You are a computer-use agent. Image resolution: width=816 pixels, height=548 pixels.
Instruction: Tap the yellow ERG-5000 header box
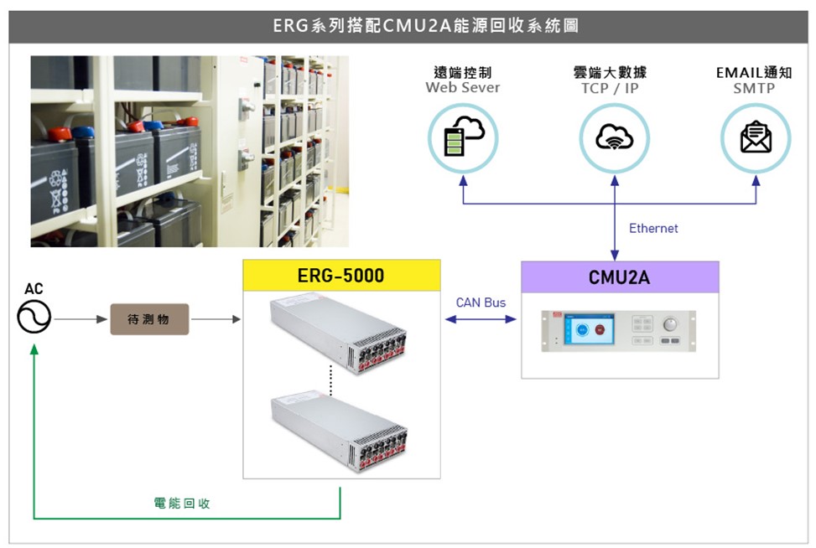click(341, 276)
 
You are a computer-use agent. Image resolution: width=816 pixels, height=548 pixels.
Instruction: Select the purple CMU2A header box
click(620, 277)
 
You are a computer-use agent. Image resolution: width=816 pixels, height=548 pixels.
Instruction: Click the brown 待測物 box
click(149, 319)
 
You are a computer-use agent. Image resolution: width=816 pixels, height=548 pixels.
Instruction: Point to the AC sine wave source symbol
click(34, 318)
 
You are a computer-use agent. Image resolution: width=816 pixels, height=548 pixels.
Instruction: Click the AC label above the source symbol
click(34, 289)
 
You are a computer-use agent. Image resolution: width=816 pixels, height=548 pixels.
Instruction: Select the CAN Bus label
click(481, 302)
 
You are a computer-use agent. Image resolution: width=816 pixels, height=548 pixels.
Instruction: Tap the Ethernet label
click(653, 228)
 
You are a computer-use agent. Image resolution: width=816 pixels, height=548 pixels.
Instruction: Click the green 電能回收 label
click(182, 503)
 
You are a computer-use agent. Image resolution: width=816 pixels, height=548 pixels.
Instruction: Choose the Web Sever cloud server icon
click(463, 137)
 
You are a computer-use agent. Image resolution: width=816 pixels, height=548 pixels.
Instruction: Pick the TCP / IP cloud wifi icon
click(614, 137)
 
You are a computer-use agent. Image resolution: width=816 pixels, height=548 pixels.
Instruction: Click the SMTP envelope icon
click(756, 137)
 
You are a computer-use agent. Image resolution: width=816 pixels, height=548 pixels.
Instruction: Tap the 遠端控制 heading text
click(462, 73)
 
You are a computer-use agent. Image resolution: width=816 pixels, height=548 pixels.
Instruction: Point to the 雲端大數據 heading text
click(616, 73)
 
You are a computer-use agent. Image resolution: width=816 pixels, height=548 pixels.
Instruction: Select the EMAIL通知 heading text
click(754, 73)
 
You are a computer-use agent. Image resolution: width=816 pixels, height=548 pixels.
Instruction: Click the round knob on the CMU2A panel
click(669, 323)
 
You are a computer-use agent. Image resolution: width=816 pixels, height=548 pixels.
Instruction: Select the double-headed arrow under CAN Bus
click(481, 319)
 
